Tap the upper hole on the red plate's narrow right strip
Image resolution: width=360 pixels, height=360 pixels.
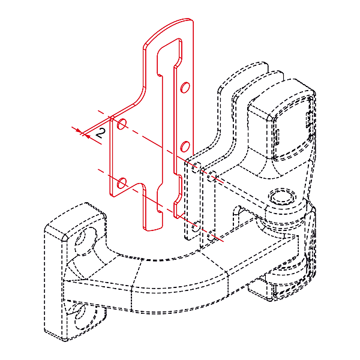[185, 88]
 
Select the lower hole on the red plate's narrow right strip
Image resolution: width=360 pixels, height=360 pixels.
[185, 146]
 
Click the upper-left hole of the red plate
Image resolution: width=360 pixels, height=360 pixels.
[122, 125]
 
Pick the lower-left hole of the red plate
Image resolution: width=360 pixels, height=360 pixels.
[122, 182]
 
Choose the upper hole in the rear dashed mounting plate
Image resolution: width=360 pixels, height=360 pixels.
[211, 176]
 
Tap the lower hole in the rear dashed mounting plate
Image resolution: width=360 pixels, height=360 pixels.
[211, 236]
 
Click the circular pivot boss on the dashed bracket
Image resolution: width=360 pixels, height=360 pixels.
[282, 197]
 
